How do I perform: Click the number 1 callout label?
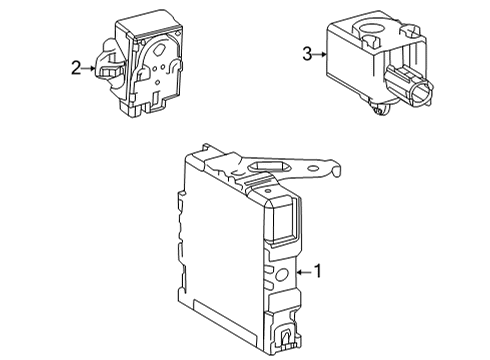318,270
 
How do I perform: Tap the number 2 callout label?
75,68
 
